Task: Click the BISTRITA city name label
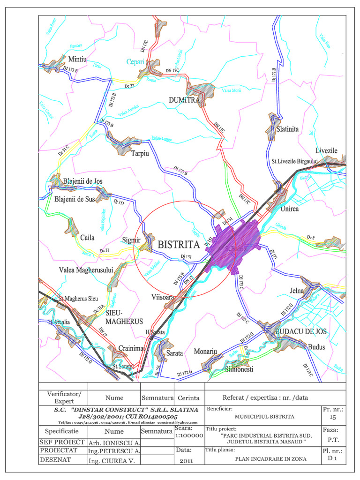coord(182,244)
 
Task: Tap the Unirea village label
coord(289,209)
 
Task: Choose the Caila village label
coord(87,238)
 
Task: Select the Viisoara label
coord(163,298)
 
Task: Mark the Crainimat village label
coord(130,348)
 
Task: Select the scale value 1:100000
coord(189,435)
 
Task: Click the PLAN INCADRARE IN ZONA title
coord(270,459)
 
